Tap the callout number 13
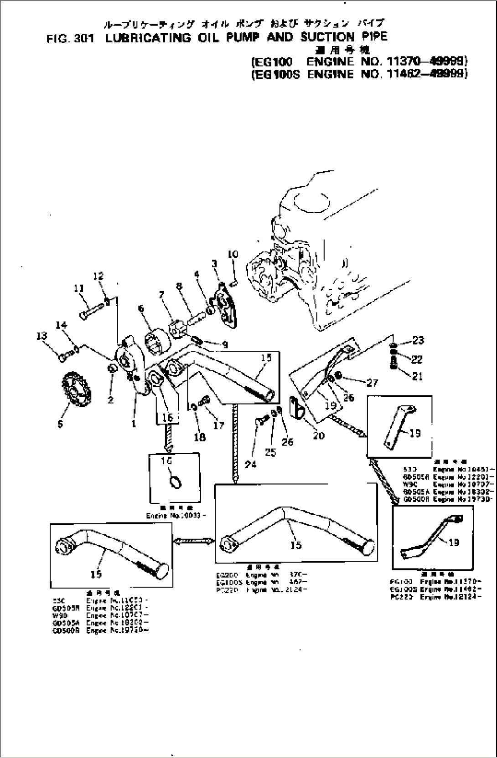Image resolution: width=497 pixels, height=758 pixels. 41,336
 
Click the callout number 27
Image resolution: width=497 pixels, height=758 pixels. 372,383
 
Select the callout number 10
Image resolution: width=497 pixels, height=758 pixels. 233,254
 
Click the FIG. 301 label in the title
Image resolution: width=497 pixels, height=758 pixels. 70,39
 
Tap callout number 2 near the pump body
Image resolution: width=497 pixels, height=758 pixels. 110,400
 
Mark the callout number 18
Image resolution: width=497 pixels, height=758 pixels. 200,437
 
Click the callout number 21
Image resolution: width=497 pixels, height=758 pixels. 417,376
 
